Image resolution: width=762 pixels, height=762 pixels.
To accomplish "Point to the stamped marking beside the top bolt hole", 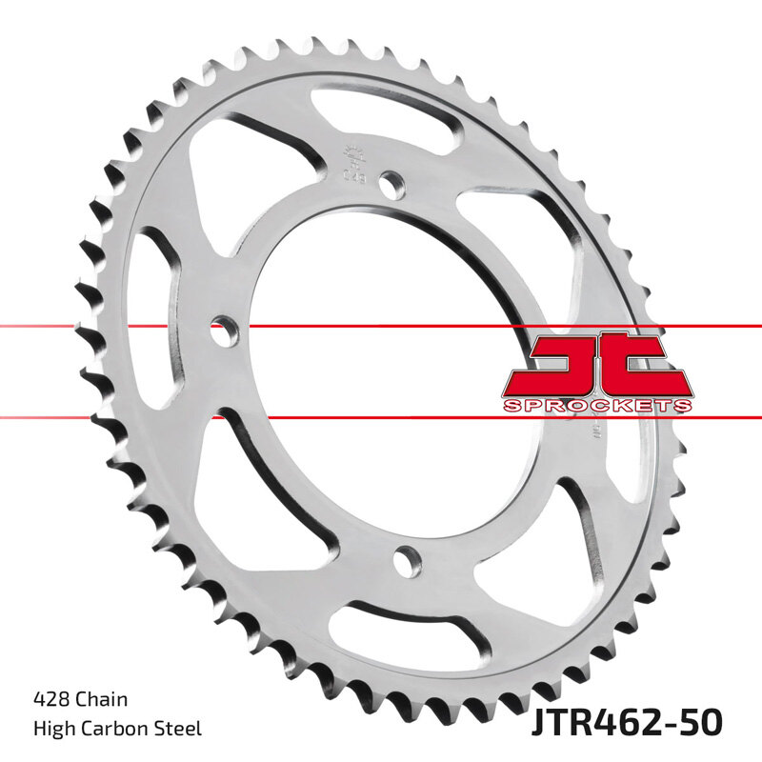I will click(351, 163).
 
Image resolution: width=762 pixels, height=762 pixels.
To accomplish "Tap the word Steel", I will click(180, 730).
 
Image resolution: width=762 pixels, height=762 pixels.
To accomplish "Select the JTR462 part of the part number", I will click(592, 721).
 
